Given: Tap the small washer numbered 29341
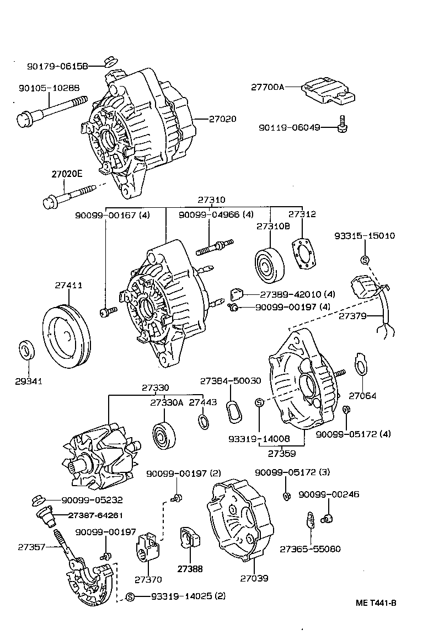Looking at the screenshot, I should coord(26,351).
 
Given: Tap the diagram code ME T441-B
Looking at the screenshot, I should coord(376,602).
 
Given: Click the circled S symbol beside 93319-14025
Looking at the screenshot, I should coord(130,596).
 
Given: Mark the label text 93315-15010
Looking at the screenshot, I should coord(364,236).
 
